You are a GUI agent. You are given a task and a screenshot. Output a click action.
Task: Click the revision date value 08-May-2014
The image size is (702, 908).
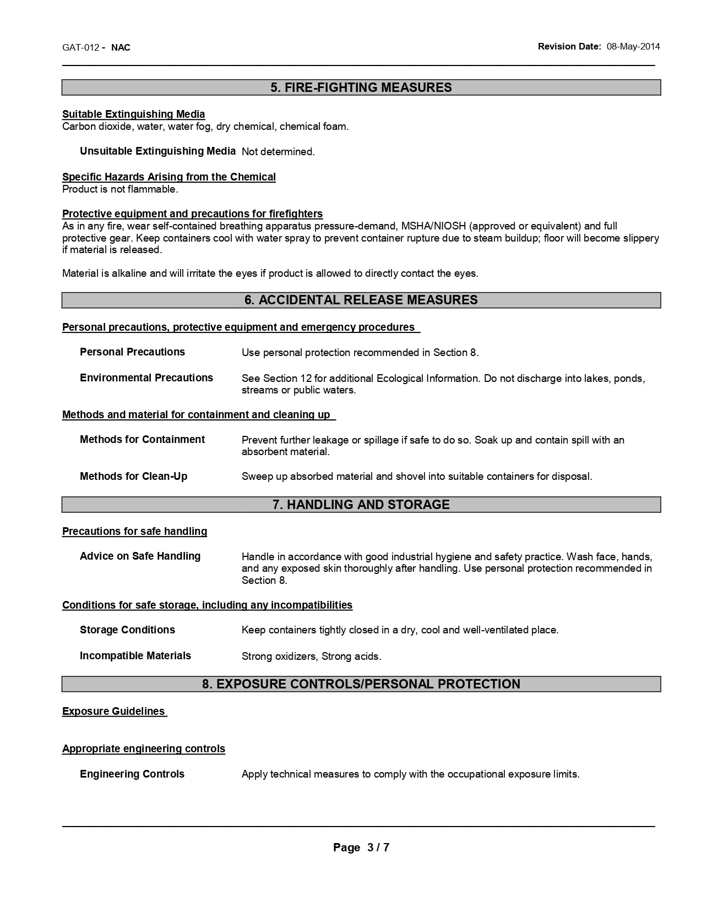coord(633,47)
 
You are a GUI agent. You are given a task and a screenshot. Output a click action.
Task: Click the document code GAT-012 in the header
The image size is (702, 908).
coord(80,47)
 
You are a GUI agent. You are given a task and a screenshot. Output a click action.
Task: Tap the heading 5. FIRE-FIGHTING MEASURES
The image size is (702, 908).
coord(361,87)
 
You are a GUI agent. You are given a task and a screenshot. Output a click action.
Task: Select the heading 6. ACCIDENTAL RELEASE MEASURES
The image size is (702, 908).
coord(361,300)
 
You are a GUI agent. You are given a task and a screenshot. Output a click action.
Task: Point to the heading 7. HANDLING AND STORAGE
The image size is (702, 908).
coord(361,505)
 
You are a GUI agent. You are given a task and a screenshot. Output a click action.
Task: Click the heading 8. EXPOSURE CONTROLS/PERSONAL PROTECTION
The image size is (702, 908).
coord(361,684)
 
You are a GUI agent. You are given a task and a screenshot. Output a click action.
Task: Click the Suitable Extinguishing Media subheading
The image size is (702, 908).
coord(134,114)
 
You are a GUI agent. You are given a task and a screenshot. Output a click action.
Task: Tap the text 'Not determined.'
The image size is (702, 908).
coord(278,152)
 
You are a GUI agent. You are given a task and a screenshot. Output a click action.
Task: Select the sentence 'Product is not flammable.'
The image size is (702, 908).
coord(120,189)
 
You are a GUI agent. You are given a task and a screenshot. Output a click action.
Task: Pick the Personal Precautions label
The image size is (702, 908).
coord(132,352)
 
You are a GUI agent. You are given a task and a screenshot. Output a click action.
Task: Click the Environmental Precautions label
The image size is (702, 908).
coord(146,378)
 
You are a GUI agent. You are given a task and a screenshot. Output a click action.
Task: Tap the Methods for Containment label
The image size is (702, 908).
coord(142,440)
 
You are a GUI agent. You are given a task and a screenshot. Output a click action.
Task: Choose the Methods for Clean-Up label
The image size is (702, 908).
coord(134,477)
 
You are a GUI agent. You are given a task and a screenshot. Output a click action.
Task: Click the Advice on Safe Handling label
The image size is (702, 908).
coord(140,556)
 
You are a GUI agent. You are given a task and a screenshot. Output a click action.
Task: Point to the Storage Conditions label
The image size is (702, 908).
coord(127,630)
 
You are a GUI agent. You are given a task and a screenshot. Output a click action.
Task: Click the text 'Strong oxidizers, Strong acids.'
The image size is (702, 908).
coord(311,657)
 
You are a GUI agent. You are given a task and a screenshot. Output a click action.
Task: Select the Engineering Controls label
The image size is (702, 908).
coord(132,774)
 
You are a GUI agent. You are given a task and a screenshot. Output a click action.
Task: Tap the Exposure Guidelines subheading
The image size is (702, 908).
coord(114,712)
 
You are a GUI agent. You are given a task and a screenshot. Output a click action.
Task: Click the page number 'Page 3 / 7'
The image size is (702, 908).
coord(361,847)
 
